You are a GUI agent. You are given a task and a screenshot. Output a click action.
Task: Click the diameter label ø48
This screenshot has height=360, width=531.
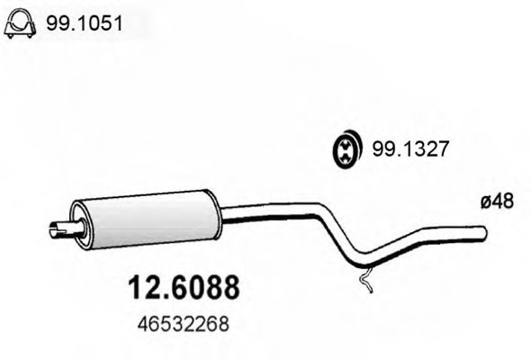(x=497, y=202)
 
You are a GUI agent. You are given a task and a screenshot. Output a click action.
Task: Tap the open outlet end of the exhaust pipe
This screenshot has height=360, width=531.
(x=484, y=234)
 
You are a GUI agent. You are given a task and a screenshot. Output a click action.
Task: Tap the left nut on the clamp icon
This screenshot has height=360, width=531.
(x=8, y=34)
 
